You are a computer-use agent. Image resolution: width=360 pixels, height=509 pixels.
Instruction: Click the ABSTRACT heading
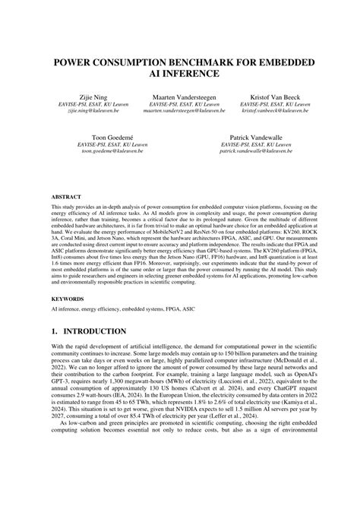pos(66,195)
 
